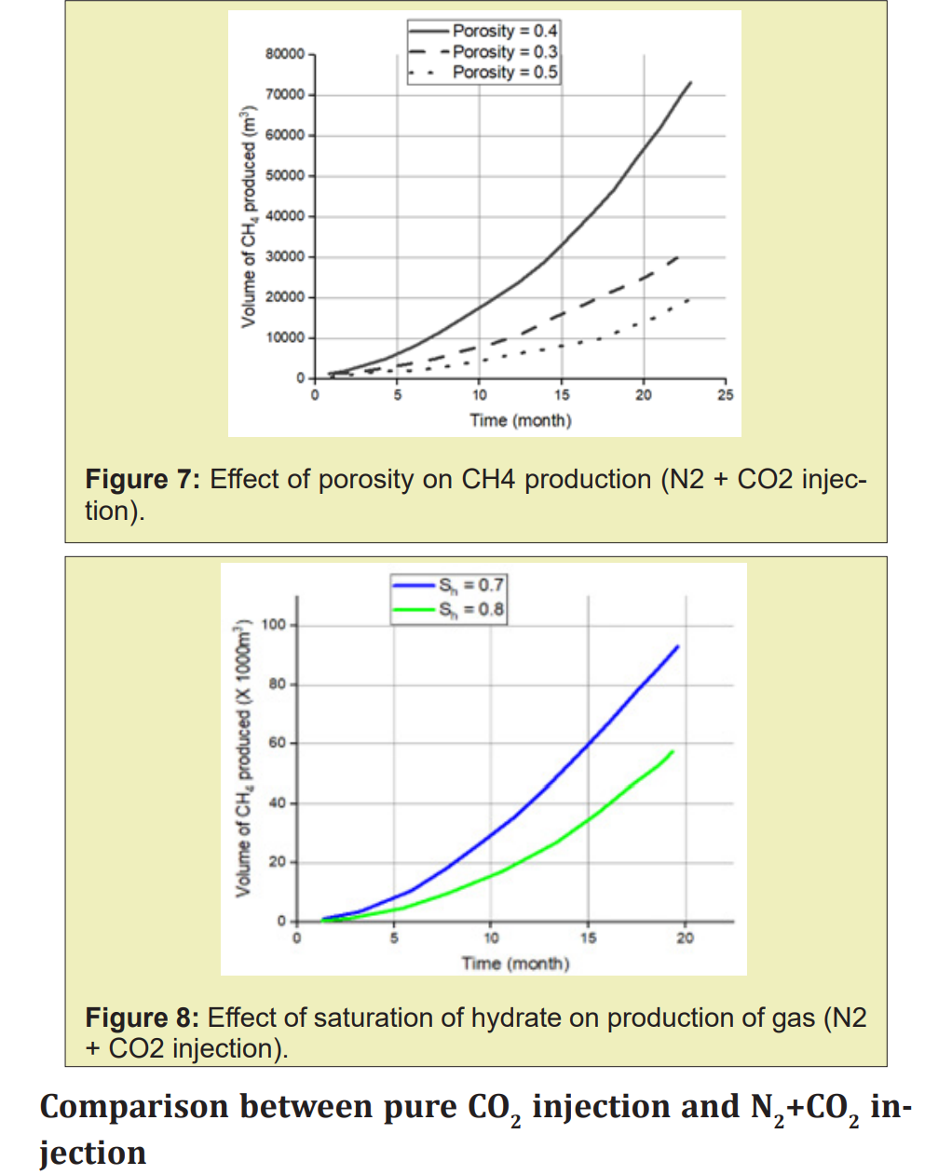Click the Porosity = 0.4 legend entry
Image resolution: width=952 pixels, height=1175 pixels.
504,31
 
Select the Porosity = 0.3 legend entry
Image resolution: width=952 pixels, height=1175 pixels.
504,51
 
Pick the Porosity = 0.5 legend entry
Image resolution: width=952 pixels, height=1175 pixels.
504,72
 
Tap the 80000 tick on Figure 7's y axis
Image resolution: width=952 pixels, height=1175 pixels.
284,54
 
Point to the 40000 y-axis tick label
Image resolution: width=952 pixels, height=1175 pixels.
284,216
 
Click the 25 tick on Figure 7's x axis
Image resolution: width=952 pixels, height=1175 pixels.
725,395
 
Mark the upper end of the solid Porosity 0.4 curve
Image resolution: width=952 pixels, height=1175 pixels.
690,82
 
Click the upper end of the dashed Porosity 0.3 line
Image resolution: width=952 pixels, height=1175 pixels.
678,256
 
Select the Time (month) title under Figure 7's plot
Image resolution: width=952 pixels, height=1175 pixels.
520,420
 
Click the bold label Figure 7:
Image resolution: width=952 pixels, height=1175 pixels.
143,480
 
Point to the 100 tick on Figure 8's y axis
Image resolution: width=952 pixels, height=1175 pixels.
274,624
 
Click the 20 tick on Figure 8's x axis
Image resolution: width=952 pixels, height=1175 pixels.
685,938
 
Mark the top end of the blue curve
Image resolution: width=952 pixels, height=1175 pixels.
677,646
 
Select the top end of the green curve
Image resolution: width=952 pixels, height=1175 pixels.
673,751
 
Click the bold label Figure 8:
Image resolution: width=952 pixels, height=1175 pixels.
142,1018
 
